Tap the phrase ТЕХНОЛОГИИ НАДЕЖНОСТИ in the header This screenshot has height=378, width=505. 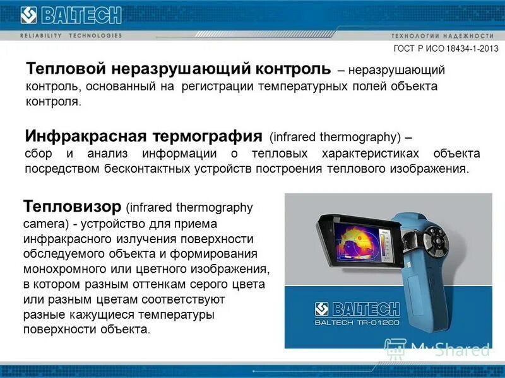(x=442, y=35)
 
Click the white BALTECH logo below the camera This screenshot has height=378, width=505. (x=357, y=309)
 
